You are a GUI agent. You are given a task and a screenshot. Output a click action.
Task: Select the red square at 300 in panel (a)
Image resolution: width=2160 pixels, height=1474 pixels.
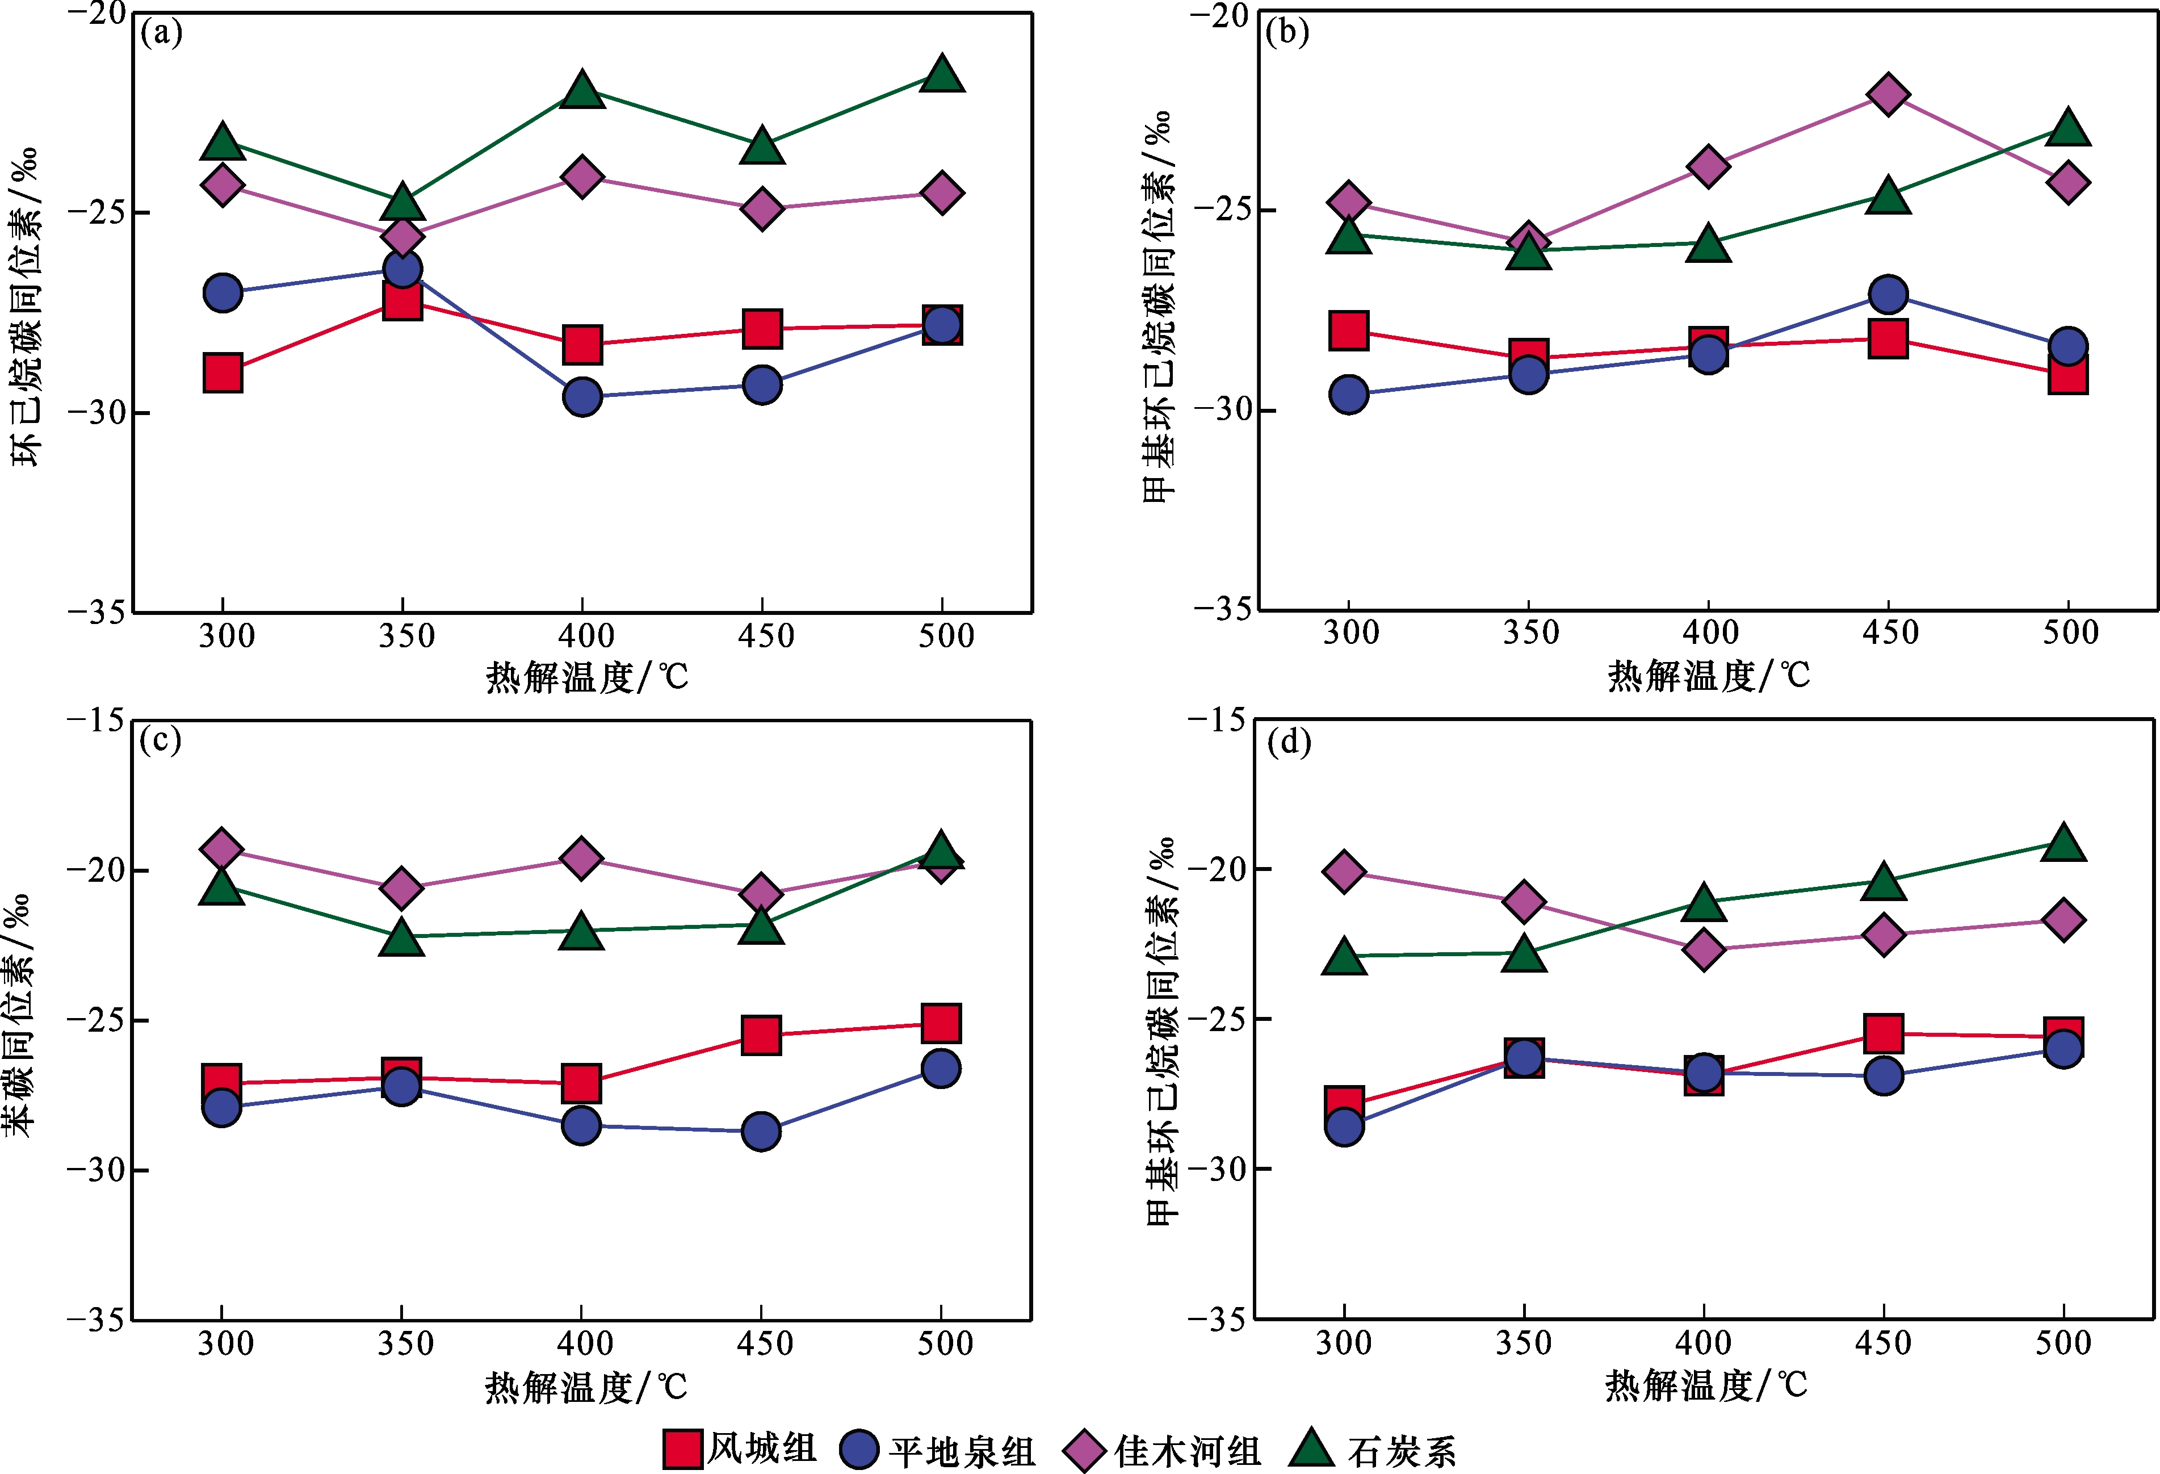(x=223, y=372)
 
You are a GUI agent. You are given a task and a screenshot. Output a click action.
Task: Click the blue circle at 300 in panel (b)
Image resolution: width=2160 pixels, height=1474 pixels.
(x=1349, y=394)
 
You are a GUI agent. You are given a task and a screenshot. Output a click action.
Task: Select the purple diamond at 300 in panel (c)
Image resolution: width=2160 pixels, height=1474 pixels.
(x=221, y=848)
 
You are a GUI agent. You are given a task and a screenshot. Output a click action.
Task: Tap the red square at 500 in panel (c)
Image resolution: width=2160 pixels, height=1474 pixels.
(x=941, y=1023)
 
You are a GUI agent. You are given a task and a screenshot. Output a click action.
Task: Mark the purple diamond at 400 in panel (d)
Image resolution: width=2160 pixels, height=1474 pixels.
(x=1704, y=949)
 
